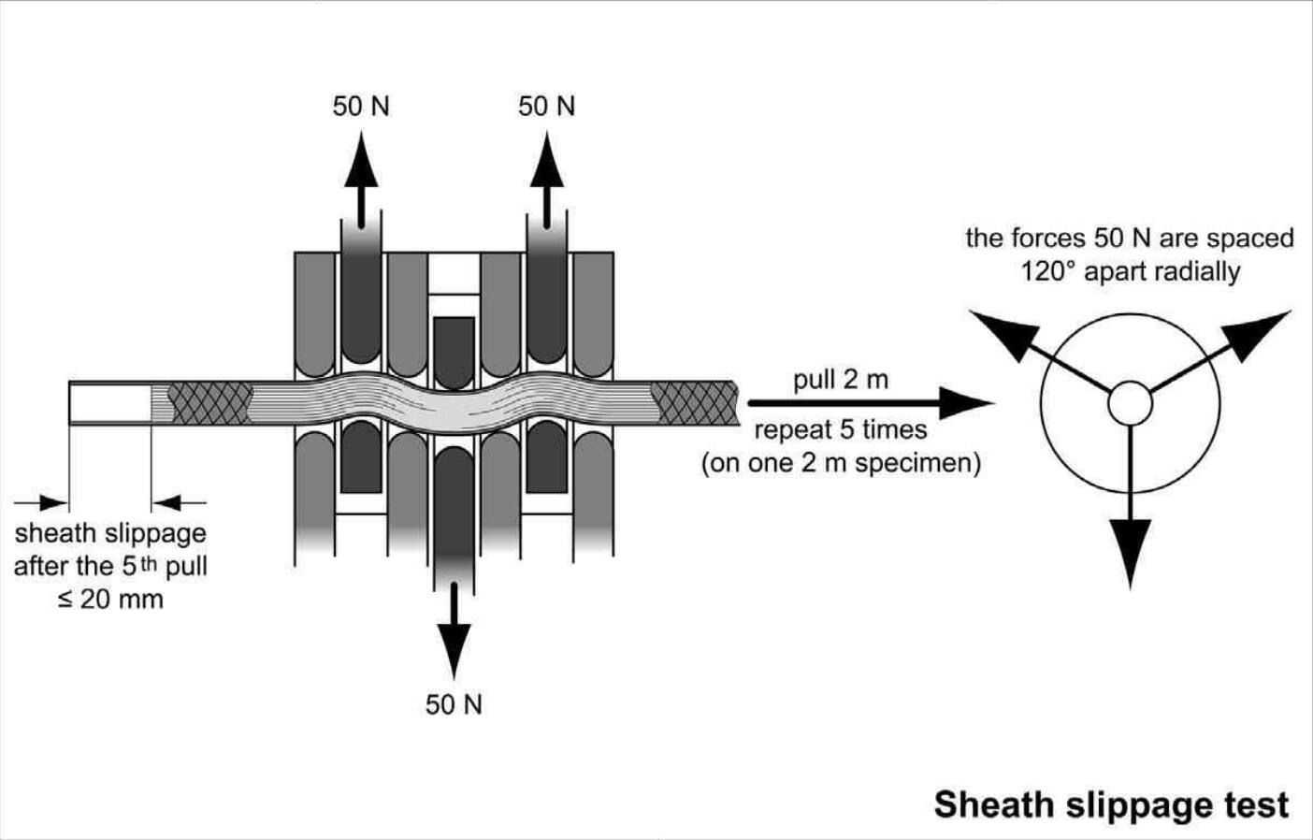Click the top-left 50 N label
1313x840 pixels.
tap(361, 107)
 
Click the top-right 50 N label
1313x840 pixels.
tap(547, 107)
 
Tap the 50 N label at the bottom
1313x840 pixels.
tap(454, 704)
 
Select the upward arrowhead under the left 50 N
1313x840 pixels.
tap(361, 164)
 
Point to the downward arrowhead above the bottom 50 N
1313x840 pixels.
tap(454, 644)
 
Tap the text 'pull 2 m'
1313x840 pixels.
tap(841, 380)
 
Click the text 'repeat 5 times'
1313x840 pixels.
tap(841, 430)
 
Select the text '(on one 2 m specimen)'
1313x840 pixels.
tap(841, 463)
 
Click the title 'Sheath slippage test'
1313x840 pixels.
tap(1111, 804)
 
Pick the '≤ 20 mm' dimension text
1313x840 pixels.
tap(110, 600)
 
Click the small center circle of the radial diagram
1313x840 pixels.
tap(1130, 404)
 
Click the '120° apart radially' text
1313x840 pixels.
tap(1130, 271)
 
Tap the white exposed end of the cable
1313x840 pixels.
tap(110, 403)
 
